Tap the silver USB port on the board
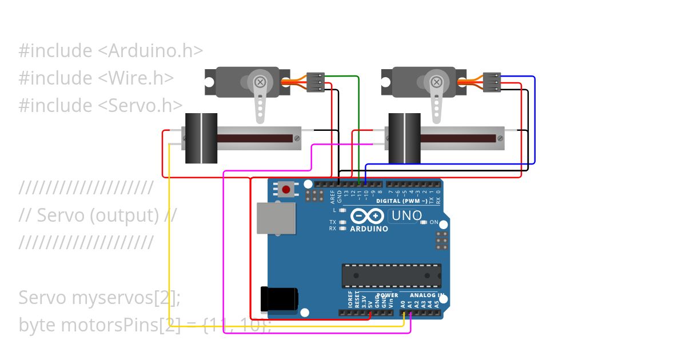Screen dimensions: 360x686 point(276,218)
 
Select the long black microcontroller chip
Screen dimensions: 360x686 point(391,276)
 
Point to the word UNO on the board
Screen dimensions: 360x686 point(406,216)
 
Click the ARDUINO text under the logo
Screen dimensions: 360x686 point(369,229)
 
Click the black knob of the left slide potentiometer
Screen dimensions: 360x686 point(201,138)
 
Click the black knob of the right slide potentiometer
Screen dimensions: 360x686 point(404,138)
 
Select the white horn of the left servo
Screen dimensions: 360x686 point(260,100)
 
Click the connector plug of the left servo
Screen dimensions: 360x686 point(316,82)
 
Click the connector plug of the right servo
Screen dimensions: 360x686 point(492,82)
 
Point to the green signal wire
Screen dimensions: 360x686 point(358,126)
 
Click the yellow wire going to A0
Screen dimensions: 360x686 point(169,240)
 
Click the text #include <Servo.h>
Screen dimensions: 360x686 point(101,106)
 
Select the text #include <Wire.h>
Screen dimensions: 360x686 point(96,78)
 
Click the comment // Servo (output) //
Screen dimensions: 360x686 point(98,215)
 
